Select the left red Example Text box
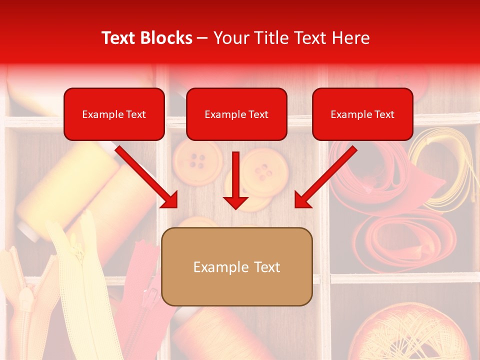click(114, 114)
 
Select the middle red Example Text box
click(236, 114)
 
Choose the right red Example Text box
click(362, 114)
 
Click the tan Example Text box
click(236, 267)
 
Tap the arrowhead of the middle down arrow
click(235, 202)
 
